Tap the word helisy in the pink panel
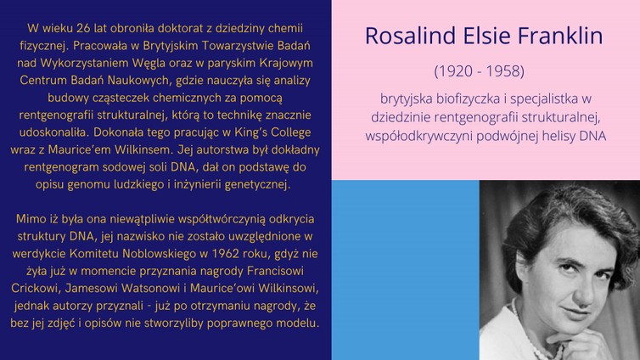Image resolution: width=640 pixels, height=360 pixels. [x=559, y=136]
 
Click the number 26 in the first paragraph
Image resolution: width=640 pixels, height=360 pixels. [x=83, y=28]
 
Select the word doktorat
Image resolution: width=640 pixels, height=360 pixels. [x=180, y=28]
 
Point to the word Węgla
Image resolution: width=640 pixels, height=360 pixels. [x=149, y=64]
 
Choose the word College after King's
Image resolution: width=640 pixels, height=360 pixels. [x=292, y=132]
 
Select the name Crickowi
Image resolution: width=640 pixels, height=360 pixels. [x=36, y=288]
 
